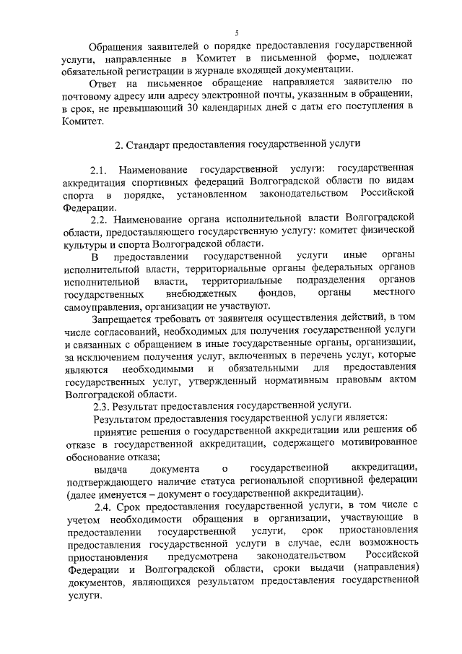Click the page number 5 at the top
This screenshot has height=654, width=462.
tap(236, 32)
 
